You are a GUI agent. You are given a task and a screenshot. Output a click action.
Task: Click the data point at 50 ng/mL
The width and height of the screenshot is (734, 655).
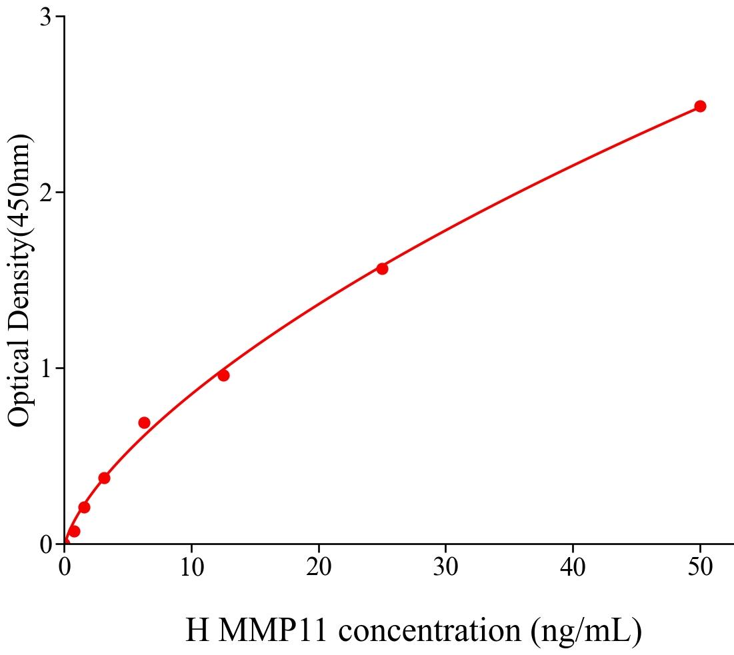tap(699, 106)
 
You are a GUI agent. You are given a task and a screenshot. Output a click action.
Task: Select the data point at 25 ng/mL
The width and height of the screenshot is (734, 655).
tap(382, 269)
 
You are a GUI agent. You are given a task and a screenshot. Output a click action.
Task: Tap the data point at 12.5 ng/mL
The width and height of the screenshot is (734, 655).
tap(223, 375)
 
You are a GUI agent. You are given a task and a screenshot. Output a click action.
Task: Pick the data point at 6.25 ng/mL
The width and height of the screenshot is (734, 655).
tap(144, 422)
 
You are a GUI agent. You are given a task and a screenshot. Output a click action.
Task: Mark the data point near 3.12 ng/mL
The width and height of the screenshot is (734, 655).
tap(104, 478)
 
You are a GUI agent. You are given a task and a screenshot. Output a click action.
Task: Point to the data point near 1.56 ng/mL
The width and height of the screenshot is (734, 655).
tap(84, 507)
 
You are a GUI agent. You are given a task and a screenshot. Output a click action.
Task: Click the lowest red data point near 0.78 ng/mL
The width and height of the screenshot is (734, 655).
tap(74, 531)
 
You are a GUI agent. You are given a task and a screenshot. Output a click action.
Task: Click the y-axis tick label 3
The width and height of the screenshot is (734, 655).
tap(45, 17)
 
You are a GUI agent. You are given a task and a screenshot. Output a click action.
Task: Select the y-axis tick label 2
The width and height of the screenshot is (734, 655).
tap(45, 193)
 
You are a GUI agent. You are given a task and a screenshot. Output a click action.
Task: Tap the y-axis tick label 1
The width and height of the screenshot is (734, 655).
tap(45, 368)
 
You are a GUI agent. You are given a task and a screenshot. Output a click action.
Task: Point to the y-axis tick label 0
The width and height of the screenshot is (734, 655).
tap(45, 545)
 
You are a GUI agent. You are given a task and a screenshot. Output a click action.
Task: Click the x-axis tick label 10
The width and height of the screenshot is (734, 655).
tap(191, 568)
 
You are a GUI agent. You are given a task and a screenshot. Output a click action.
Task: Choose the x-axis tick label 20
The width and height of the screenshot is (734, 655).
tap(319, 568)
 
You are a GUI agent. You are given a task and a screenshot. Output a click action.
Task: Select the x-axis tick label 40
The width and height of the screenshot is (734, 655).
tap(573, 568)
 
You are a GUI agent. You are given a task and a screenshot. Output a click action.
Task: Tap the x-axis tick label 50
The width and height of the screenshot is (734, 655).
tap(699, 568)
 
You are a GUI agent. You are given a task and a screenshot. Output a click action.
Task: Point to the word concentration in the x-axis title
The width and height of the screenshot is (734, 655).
tap(427, 630)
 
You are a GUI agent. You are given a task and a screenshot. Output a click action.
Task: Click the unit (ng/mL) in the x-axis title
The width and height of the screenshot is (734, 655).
tap(587, 630)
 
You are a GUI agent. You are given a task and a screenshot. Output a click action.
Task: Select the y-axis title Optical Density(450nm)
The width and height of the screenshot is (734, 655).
tap(20, 280)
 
